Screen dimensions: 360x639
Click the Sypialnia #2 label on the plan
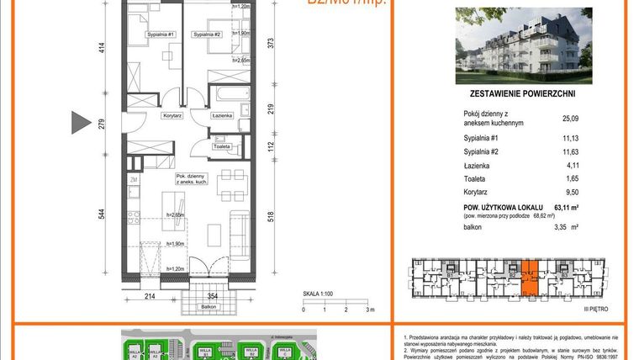coord(206,34)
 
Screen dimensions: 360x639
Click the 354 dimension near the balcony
coord(213,296)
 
